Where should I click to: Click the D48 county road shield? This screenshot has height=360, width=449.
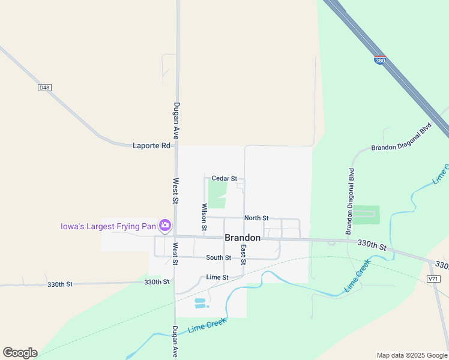pyautogui.click(x=44, y=88)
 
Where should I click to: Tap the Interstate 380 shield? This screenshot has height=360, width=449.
pyautogui.click(x=379, y=61)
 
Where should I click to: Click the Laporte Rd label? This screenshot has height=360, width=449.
pyautogui.click(x=151, y=146)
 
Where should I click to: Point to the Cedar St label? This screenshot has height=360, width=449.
pyautogui.click(x=224, y=179)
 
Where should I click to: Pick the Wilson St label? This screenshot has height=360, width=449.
pyautogui.click(x=204, y=217)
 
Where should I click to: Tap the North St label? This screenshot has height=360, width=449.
pyautogui.click(x=256, y=218)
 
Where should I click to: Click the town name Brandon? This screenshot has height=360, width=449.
pyautogui.click(x=243, y=238)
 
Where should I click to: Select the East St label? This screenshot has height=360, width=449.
pyautogui.click(x=244, y=254)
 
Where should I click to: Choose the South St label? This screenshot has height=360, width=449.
pyautogui.click(x=218, y=258)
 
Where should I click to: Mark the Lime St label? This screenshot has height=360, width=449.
pyautogui.click(x=217, y=277)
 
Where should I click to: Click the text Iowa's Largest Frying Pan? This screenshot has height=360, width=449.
pyautogui.click(x=107, y=227)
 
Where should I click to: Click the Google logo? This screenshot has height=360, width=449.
pyautogui.click(x=20, y=353)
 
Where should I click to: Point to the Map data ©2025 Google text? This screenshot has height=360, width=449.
pyautogui.click(x=412, y=355)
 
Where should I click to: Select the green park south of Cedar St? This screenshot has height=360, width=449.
pyautogui.click(x=216, y=193)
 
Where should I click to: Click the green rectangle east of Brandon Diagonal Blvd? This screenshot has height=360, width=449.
pyautogui.click(x=366, y=214)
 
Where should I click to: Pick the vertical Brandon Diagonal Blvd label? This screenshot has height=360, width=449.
pyautogui.click(x=350, y=201)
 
